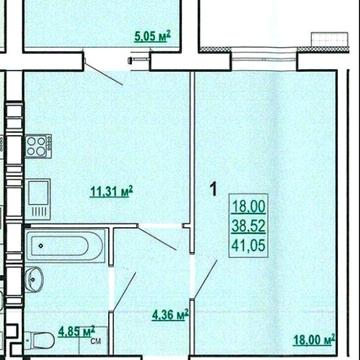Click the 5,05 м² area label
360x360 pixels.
tap(152, 36)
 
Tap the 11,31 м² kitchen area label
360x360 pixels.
tap(112, 192)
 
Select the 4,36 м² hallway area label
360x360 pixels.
tap(170, 315)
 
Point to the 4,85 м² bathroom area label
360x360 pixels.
tap(77, 331)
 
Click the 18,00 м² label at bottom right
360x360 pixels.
tap(314, 340)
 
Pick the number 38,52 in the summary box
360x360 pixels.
tap(249, 226)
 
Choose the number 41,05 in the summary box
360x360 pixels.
tap(249, 246)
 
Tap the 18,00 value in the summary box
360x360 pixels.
tap(249, 207)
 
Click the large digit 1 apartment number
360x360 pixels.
tap(213, 189)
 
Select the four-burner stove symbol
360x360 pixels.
tap(38, 146)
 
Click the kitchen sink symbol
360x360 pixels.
tap(38, 199)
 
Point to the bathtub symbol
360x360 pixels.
tap(65, 246)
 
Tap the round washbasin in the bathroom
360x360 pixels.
tap(34, 279)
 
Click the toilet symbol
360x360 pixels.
tap(40, 340)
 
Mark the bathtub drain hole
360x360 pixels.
tap(41, 246)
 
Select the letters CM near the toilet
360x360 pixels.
tap(95, 341)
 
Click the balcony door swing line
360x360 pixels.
tap(104, 74)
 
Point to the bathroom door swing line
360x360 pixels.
tap(124, 292)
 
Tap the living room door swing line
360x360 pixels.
tap(205, 279)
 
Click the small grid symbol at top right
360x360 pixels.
tap(330, 39)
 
